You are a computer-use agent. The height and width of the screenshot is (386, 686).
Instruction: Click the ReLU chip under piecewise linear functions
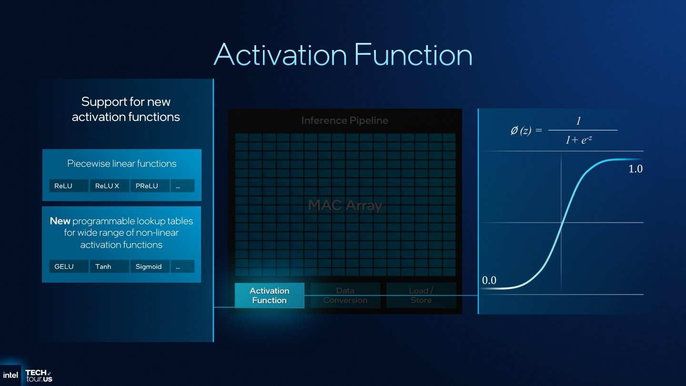coord(69,186)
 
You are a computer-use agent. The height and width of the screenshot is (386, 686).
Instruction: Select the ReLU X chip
coord(109,186)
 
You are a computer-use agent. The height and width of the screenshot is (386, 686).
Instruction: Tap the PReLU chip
coord(150,186)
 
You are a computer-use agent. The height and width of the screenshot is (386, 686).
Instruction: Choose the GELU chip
coord(69,266)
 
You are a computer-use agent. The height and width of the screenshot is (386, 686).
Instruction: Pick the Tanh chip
coord(109,266)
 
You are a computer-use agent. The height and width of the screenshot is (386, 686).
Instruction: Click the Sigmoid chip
coord(150,266)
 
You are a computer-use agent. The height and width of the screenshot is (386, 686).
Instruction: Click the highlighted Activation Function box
coord(269,295)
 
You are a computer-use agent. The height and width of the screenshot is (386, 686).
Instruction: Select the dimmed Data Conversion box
coord(345,295)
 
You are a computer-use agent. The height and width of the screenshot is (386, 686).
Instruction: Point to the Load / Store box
coord(421,295)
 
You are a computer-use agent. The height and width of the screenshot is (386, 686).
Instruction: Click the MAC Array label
coord(345,205)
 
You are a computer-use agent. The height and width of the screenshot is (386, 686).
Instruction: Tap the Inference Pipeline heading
coord(344,121)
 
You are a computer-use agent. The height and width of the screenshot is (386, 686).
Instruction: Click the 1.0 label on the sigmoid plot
coord(636,169)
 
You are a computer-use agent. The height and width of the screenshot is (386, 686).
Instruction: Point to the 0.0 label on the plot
coord(489,280)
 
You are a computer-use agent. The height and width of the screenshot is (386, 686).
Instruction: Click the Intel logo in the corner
coord(10,375)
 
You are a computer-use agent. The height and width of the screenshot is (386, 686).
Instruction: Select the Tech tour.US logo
coord(39,376)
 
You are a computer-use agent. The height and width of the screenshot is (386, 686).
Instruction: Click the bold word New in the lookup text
coord(60,221)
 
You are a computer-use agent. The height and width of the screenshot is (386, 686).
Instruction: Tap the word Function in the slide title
coord(413,55)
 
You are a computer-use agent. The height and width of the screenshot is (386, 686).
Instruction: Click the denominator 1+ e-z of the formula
coord(578,140)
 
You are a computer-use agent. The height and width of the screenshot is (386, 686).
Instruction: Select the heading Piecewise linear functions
coord(121,163)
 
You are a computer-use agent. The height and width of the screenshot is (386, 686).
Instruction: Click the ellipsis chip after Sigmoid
coord(182,266)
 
